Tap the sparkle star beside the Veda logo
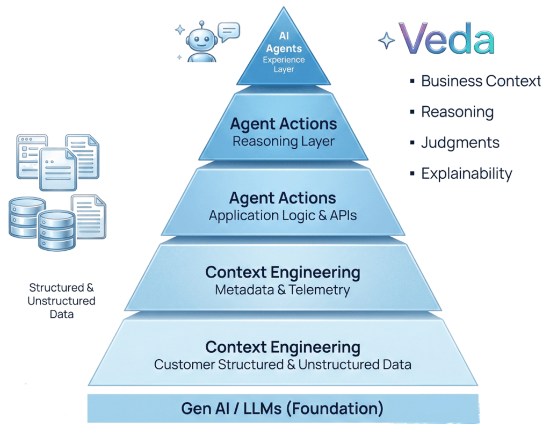point(386,41)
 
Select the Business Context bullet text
point(481,81)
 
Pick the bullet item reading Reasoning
point(457,112)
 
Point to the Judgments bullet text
point(460,143)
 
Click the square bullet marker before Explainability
point(412,173)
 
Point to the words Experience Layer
point(283,64)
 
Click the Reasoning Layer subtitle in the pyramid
point(283,142)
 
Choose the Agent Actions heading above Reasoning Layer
point(283,124)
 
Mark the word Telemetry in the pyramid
point(320,290)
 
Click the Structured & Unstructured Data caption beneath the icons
point(61,301)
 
